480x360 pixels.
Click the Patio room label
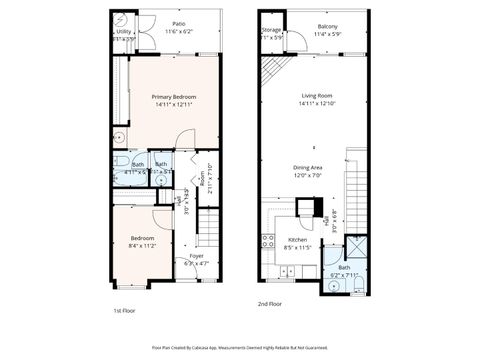coord(179,23)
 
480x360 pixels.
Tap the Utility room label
coord(123,32)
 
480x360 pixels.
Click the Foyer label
coord(197,257)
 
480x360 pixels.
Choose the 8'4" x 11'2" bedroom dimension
coord(141,245)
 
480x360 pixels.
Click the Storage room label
coord(271,31)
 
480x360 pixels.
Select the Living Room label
coord(315,96)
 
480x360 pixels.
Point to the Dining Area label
coord(307,167)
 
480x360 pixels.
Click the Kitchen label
coord(297,240)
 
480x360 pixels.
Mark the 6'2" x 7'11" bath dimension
coord(344,275)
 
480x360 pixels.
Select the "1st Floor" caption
coord(124,311)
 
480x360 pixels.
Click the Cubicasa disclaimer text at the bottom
coord(240,347)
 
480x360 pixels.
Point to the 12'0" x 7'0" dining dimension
coord(307,175)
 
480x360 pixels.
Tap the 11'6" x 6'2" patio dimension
coord(179,32)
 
